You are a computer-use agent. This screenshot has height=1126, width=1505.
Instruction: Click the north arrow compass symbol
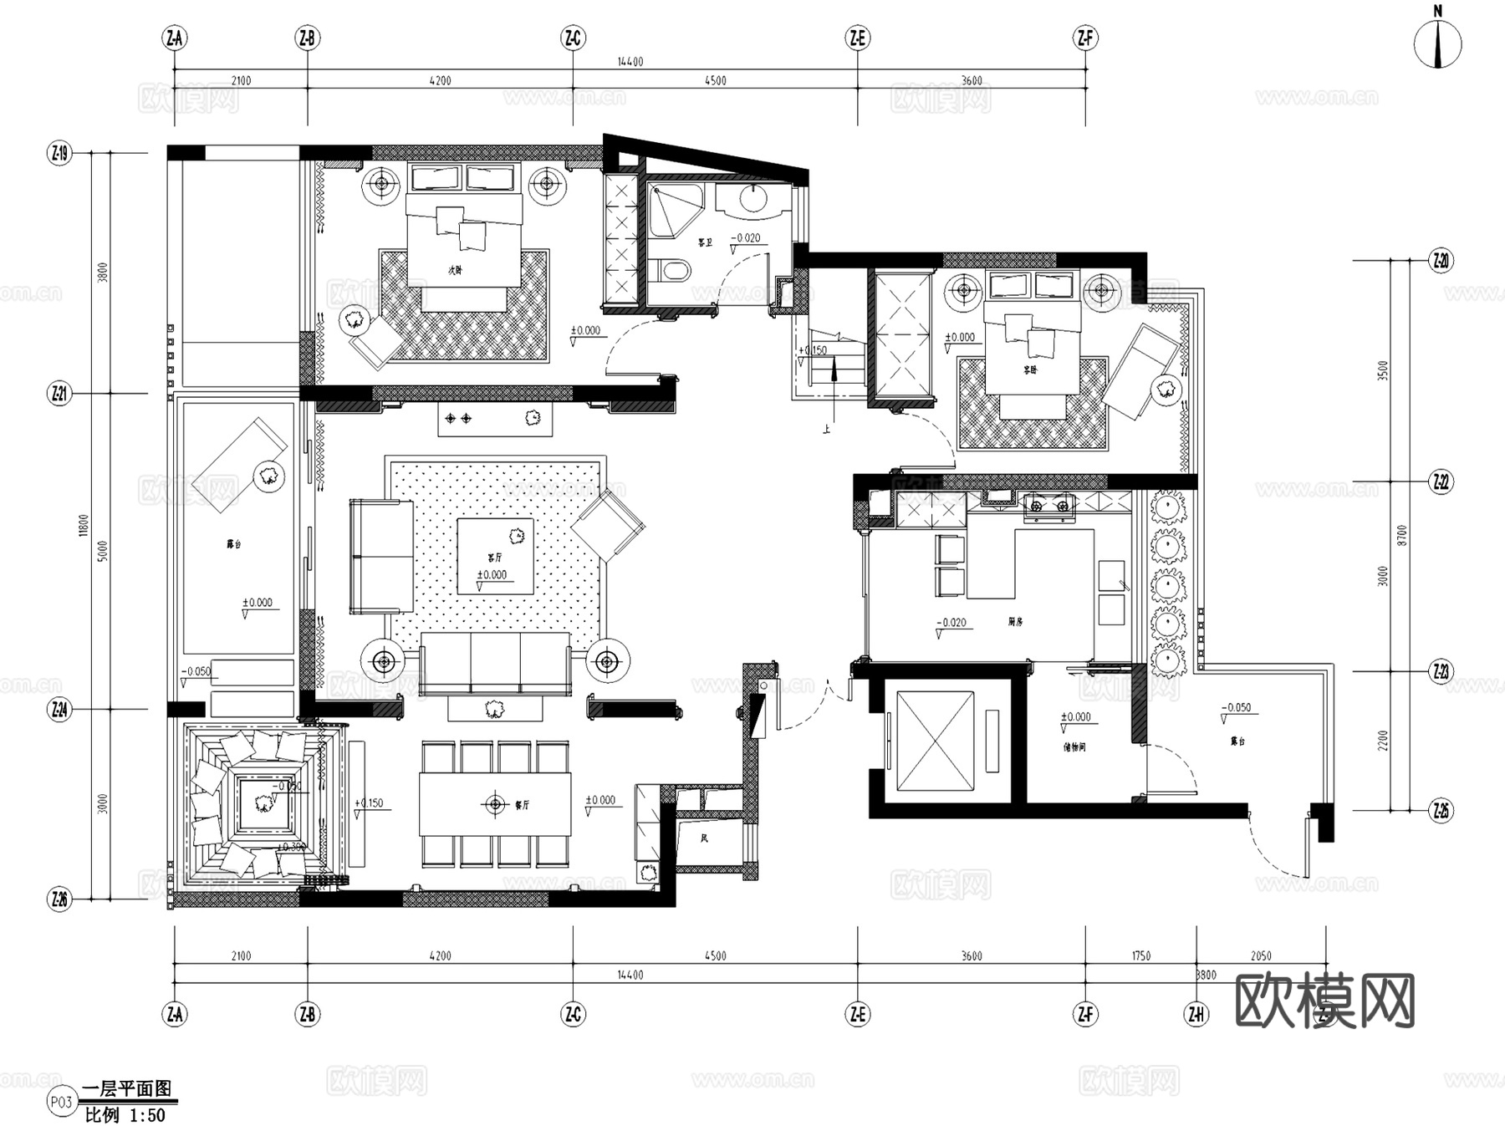(1437, 44)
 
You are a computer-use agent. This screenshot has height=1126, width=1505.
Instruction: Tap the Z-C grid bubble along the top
(573, 38)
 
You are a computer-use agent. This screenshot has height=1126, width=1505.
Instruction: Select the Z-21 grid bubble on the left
(59, 393)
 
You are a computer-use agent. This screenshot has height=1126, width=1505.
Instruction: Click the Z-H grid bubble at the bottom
(1196, 1014)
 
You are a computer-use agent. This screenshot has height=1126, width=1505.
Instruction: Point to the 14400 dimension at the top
(630, 62)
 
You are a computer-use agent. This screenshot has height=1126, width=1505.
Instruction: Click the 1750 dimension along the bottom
(1140, 955)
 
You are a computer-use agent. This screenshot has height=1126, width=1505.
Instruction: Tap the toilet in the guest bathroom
(671, 270)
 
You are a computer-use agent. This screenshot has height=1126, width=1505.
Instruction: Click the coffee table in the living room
(495, 556)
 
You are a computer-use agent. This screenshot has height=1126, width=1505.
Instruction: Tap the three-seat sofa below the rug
(495, 662)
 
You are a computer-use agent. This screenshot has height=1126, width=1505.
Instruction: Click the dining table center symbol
(495, 804)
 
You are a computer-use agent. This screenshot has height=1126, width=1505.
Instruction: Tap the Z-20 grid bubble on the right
(1441, 261)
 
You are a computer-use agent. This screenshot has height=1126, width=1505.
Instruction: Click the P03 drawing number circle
(61, 1102)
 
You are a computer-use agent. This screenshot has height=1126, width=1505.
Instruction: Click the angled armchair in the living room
(608, 525)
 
